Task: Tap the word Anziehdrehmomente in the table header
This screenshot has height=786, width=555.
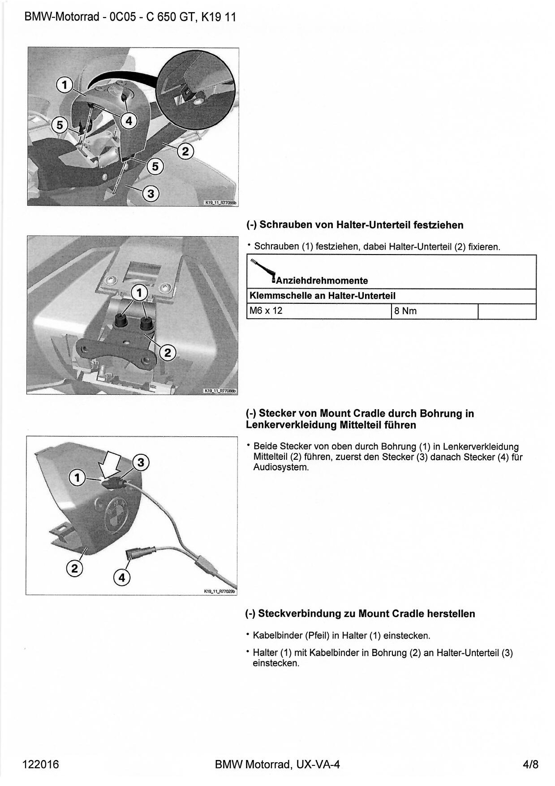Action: click(x=322, y=281)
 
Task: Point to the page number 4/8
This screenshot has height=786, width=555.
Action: click(x=530, y=764)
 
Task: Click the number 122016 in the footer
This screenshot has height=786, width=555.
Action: click(x=41, y=764)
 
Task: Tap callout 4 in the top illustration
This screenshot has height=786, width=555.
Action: click(x=129, y=121)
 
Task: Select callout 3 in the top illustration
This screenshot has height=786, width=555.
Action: click(x=151, y=194)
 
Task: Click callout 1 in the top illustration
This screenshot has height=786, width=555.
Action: click(x=65, y=85)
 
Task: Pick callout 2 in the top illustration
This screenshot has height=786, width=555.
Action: click(x=185, y=151)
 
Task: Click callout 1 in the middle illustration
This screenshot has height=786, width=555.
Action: click(x=139, y=293)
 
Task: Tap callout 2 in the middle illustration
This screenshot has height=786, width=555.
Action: click(x=168, y=353)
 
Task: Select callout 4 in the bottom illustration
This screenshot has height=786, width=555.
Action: click(x=122, y=578)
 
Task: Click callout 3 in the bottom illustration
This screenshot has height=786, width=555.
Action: click(x=141, y=462)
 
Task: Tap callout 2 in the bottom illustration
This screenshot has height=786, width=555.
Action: click(x=74, y=569)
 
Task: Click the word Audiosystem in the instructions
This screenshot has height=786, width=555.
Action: click(x=281, y=467)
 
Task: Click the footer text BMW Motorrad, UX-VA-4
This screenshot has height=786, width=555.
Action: click(x=277, y=764)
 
